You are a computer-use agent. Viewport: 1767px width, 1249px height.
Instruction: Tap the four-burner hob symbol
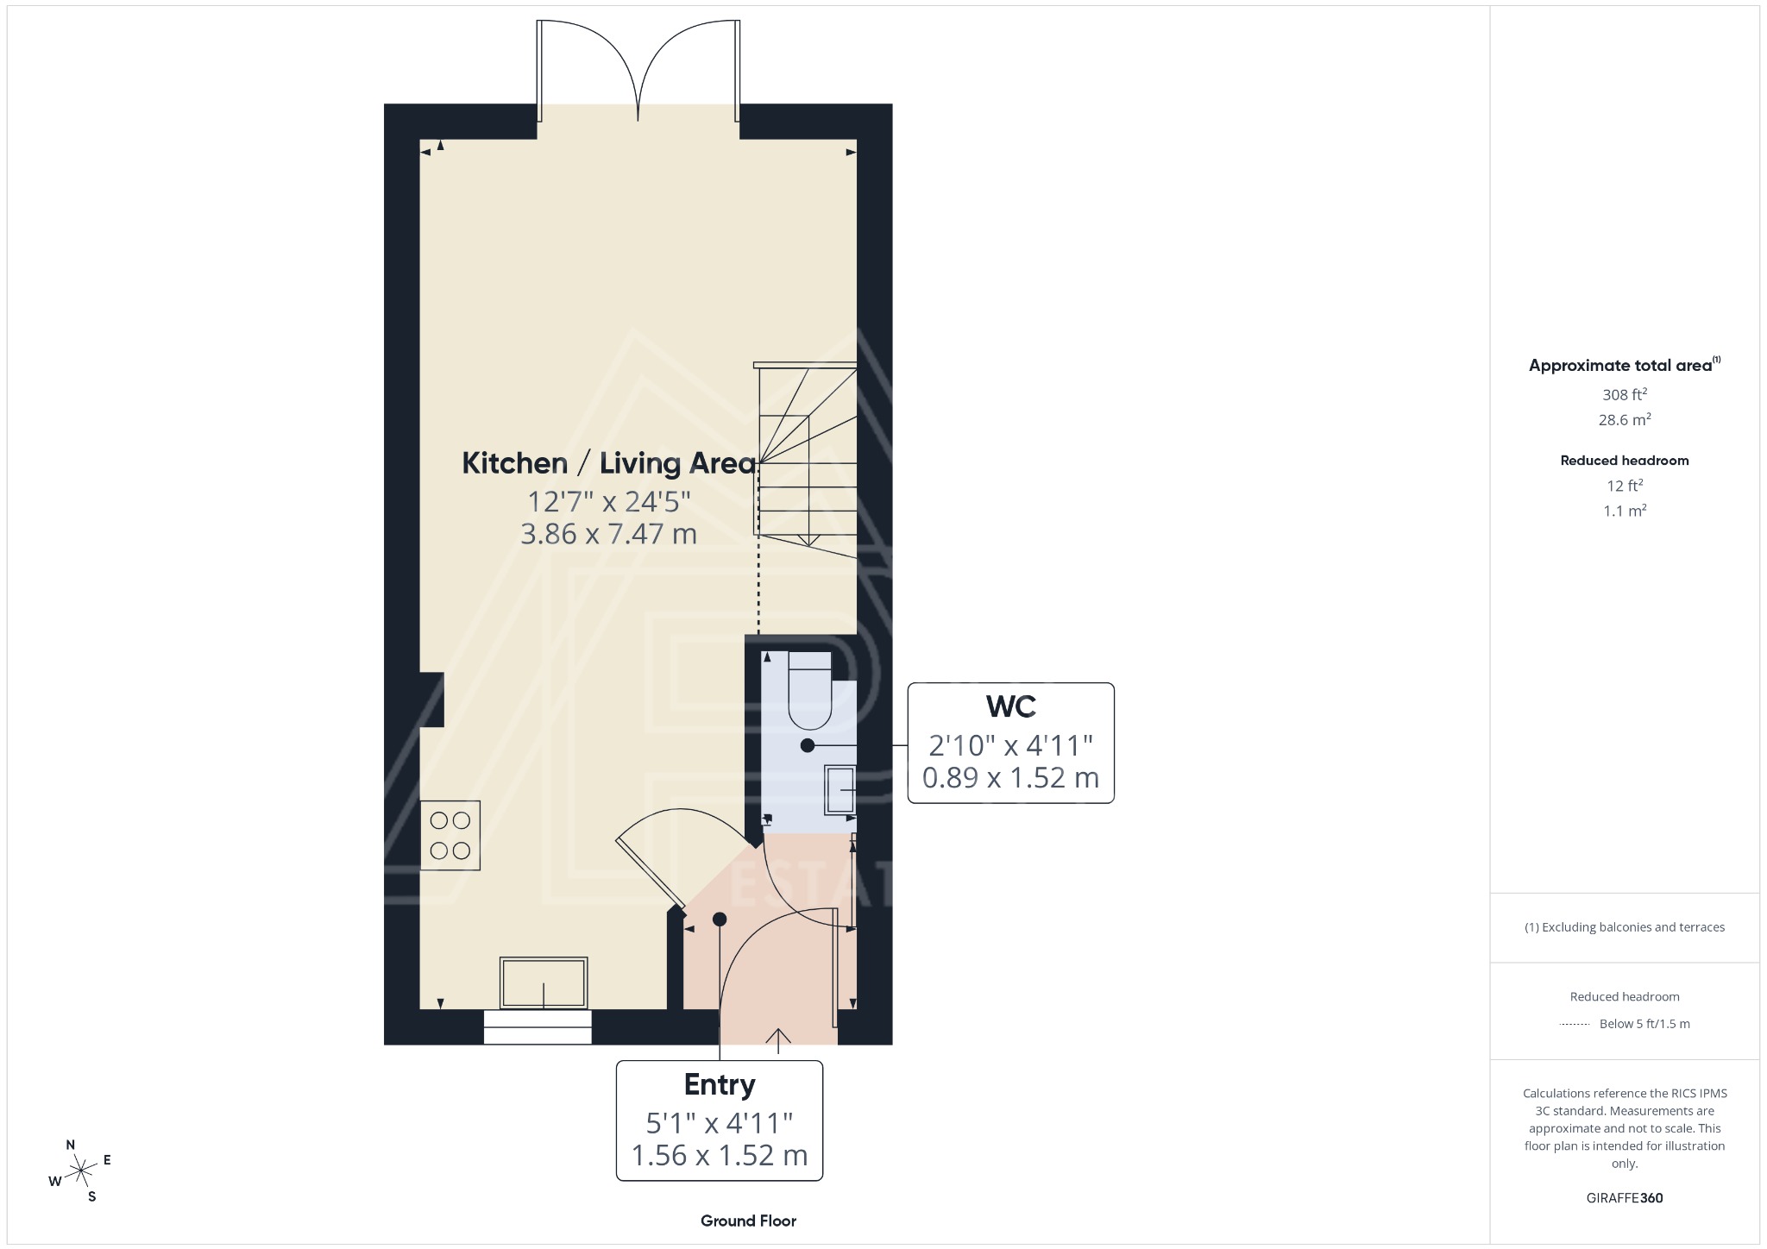(450, 836)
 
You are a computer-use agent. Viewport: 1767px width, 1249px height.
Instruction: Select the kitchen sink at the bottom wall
(544, 982)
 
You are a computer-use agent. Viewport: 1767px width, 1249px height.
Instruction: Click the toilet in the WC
(809, 690)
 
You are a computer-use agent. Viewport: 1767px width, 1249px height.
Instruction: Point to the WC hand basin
(840, 790)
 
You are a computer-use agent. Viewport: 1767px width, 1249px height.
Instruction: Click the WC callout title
(1010, 706)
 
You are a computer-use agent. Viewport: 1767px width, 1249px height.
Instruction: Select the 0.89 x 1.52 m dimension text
(1010, 778)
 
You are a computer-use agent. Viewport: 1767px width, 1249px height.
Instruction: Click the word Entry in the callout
(719, 1084)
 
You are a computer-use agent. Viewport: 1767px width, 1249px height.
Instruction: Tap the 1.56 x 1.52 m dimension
(719, 1155)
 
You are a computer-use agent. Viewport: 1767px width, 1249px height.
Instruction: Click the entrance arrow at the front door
(778, 1039)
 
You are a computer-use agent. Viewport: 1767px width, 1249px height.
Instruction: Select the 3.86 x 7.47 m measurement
(608, 534)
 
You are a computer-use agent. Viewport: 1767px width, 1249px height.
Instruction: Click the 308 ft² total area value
(1624, 395)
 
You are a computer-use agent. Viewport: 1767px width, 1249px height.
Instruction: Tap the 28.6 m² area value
(1624, 420)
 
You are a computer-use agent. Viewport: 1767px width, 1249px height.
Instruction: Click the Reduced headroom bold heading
(1624, 461)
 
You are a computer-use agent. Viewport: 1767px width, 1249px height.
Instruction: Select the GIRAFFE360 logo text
(1624, 1198)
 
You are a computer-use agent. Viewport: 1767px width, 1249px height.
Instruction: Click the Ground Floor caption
(748, 1221)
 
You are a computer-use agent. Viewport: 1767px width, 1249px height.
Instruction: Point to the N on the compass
(71, 1145)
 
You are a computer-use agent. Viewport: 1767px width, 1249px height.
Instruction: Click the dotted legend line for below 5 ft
(1575, 1025)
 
